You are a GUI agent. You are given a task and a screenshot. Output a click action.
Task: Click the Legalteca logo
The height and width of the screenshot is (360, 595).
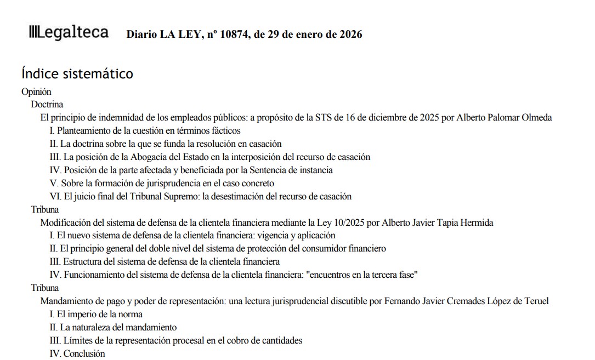[69, 32]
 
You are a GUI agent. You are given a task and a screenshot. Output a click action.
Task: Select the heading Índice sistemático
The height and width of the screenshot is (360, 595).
[77, 73]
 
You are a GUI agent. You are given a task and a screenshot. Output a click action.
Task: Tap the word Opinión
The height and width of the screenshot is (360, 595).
[36, 92]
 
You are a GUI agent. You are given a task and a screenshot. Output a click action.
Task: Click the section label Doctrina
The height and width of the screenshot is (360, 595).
[47, 104]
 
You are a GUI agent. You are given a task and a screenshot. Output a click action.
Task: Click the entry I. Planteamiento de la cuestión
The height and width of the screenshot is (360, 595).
[145, 130]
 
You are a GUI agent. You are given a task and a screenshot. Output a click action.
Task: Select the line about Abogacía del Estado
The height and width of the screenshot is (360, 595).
[210, 157]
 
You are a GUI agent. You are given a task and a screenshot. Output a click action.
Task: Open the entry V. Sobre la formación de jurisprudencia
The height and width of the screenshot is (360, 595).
[162, 183]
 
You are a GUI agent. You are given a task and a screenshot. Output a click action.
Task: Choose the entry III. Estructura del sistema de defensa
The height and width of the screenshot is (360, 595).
[165, 261]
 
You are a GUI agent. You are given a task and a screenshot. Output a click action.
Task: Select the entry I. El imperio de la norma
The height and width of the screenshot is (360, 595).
[96, 314]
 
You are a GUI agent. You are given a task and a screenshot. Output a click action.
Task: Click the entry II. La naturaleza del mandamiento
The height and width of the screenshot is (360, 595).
[113, 327]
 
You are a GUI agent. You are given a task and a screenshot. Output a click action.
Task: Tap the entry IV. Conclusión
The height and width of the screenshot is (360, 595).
[77, 353]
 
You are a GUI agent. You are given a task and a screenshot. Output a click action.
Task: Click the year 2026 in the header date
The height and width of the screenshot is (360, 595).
[351, 35]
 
